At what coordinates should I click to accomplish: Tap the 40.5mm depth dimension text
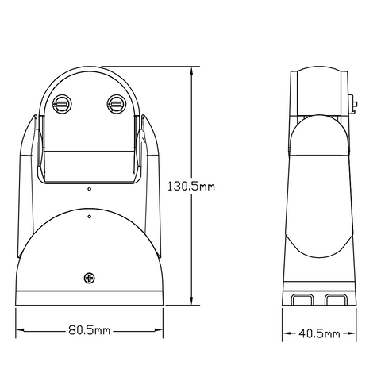(319, 333)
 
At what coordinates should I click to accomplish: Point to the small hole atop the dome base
(90, 213)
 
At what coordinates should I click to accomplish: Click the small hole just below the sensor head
(89, 189)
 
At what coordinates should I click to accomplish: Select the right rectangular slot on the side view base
(334, 299)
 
